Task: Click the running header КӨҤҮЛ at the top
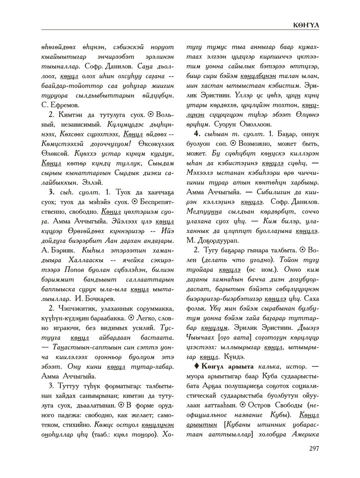click(306, 25)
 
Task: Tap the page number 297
click(314, 448)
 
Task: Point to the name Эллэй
click(93, 183)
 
